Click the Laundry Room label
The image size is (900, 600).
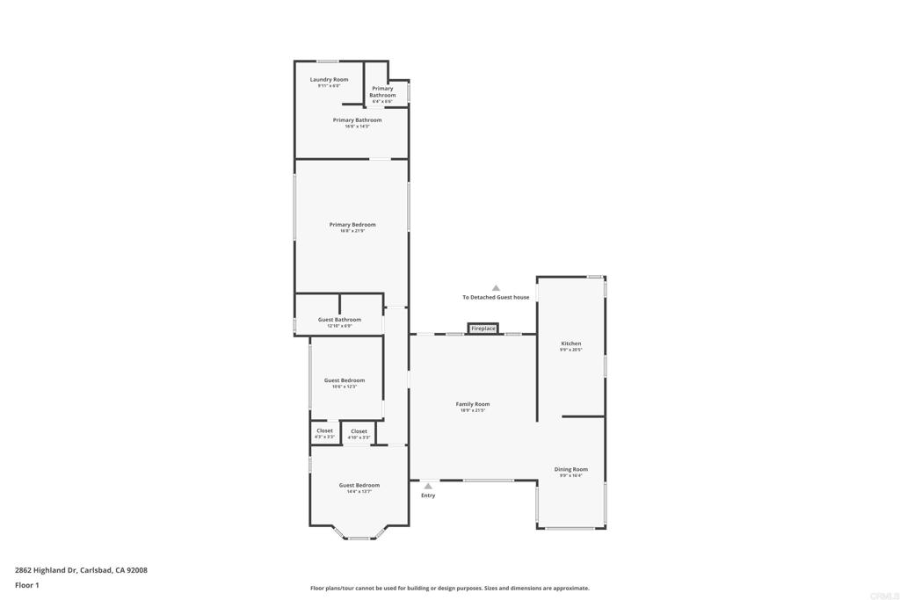329,80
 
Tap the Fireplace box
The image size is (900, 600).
483,329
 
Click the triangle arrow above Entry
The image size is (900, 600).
428,486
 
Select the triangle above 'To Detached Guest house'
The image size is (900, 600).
496,288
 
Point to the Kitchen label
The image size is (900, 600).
571,343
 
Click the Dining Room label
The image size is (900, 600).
571,469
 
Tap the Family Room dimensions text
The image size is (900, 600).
473,410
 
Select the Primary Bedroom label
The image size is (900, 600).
352,225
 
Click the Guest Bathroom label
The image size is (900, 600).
339,320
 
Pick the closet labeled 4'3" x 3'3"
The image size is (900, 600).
324,433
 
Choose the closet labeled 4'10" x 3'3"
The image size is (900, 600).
359,433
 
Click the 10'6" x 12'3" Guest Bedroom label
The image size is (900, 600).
345,380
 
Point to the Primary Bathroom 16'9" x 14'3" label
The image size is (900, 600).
357,120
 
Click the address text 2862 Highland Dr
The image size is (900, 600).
81,570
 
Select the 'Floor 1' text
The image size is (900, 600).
27,584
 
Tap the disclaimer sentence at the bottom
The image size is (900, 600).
449,589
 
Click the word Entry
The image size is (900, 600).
428,495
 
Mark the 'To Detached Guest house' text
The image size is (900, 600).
496,298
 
